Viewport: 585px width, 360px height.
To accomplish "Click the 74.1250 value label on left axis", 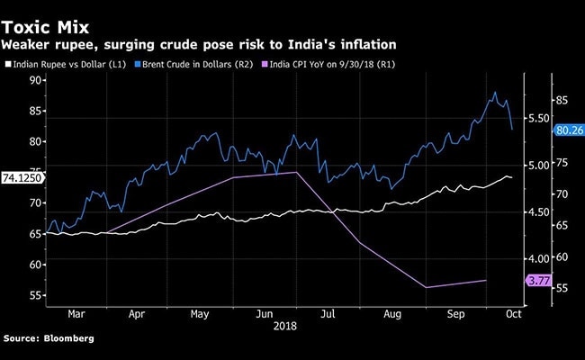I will tap(21, 177).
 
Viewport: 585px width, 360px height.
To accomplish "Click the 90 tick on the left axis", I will tap(36, 80).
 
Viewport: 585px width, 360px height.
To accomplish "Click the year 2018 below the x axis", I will tap(284, 328).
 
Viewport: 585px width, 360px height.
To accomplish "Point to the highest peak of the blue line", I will tap(493, 92).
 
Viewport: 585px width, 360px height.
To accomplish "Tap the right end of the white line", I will tap(513, 178).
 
